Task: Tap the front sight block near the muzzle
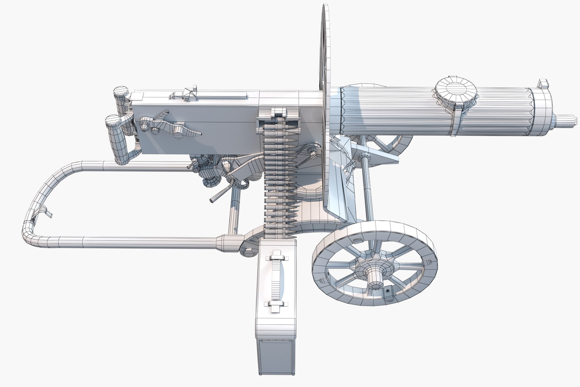[x=543, y=85]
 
